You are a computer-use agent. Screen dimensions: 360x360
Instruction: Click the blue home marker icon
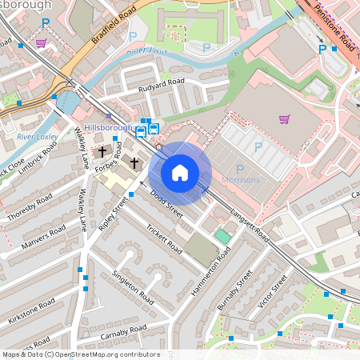180,172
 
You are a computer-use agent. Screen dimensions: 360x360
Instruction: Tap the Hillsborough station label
108,128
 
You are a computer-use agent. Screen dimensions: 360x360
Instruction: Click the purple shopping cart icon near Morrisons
284,119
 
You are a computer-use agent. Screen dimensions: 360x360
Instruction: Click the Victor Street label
273,294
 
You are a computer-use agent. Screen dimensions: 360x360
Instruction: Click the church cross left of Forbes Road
102,151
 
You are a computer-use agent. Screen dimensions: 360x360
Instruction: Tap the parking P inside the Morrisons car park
258,146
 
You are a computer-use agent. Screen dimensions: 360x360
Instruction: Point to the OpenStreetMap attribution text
80,354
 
